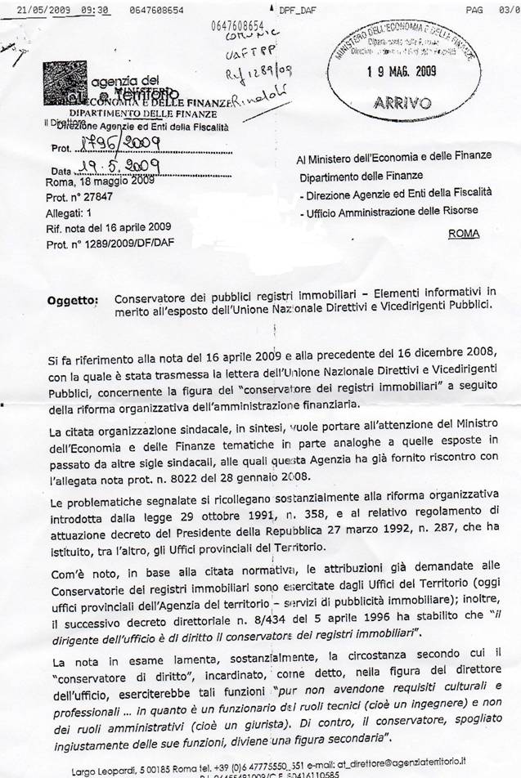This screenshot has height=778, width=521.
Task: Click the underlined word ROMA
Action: (464, 233)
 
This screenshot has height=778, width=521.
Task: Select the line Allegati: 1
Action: (70, 212)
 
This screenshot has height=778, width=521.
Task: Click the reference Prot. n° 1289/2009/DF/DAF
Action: (109, 244)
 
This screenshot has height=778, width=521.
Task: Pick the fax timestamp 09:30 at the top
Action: (96, 10)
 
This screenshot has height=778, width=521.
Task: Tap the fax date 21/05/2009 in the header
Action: (47, 10)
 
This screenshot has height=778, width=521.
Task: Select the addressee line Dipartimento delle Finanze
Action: (361, 176)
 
